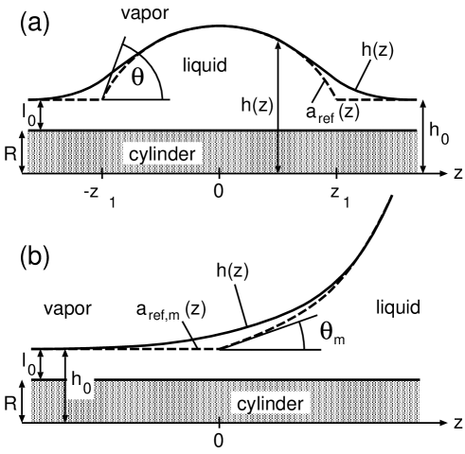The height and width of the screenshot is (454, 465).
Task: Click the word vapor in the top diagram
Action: click(x=146, y=14)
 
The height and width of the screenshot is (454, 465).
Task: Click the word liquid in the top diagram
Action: click(x=206, y=65)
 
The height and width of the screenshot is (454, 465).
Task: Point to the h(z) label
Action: click(x=258, y=107)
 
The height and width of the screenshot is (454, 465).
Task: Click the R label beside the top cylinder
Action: click(x=9, y=153)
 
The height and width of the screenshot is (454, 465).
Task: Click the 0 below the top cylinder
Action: click(x=218, y=191)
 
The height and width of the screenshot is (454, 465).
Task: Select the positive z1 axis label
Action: click(x=340, y=195)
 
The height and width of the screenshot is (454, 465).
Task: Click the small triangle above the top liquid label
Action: click(x=277, y=44)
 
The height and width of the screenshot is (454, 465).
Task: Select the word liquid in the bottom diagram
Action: click(x=398, y=307)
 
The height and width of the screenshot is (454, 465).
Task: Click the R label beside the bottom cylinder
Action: click(x=9, y=402)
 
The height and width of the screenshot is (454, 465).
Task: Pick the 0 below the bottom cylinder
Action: click(x=219, y=440)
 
